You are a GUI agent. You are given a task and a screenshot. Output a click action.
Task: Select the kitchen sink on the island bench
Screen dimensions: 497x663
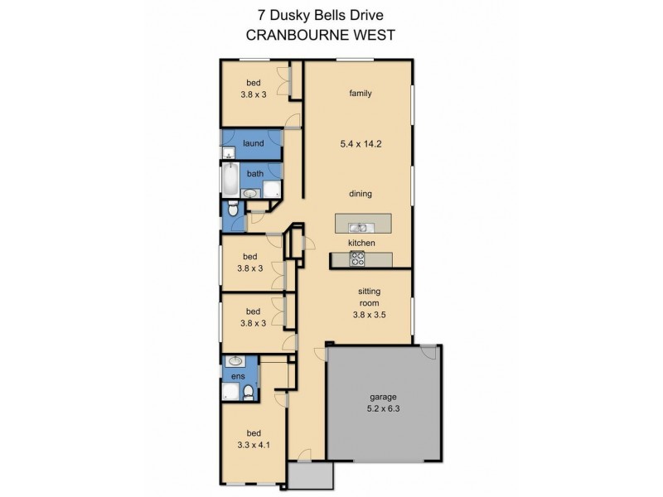(x=359, y=225)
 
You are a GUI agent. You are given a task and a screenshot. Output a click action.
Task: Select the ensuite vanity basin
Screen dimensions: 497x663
(x=235, y=361)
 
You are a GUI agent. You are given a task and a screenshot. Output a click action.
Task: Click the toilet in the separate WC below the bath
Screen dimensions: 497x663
(x=233, y=210)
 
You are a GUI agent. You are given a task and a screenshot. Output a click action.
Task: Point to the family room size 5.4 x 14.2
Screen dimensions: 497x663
(x=360, y=143)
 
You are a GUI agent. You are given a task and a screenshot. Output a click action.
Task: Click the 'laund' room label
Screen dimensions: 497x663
(x=254, y=143)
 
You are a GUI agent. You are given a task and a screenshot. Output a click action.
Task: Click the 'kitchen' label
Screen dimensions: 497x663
(x=361, y=243)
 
